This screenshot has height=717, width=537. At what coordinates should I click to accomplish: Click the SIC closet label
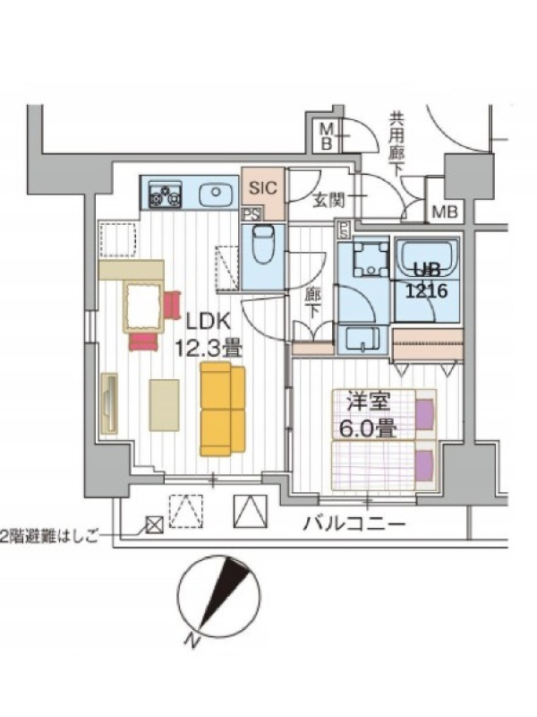coord(262,187)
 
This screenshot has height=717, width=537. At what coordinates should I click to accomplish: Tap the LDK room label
coord(209,323)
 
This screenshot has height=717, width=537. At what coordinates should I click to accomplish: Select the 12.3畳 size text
coord(208,349)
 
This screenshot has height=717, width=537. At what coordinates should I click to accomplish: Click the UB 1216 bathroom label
coord(427,280)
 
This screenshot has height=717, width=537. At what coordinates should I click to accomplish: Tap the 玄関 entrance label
coord(328,200)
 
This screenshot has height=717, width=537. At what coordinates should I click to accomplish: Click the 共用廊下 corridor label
coord(396,144)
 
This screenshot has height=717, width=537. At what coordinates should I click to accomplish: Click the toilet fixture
coord(262,244)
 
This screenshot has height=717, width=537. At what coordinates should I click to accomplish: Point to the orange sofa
coord(222,410)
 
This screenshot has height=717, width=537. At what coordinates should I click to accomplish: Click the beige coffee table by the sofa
coord(165,405)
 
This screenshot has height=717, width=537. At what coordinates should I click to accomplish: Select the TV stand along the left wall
coord(109,402)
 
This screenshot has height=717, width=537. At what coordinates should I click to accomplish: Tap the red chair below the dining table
coord(143,342)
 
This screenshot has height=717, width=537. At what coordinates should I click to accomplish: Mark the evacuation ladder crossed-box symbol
coord(155,525)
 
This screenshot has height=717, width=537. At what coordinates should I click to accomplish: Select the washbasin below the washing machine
coord(363,340)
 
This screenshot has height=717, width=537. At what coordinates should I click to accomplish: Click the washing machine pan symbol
coord(370,259)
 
